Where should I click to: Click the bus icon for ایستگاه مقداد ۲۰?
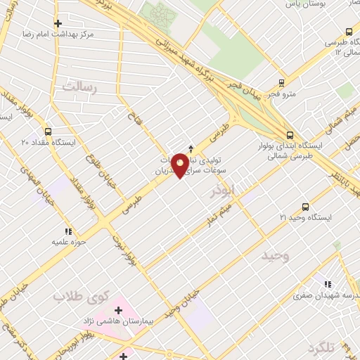(47, 131)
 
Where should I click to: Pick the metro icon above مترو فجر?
(282, 80)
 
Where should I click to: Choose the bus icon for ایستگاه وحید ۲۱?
(305, 206)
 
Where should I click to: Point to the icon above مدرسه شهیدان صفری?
(328, 284)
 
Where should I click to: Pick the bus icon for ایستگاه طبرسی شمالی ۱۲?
(349, 31)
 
